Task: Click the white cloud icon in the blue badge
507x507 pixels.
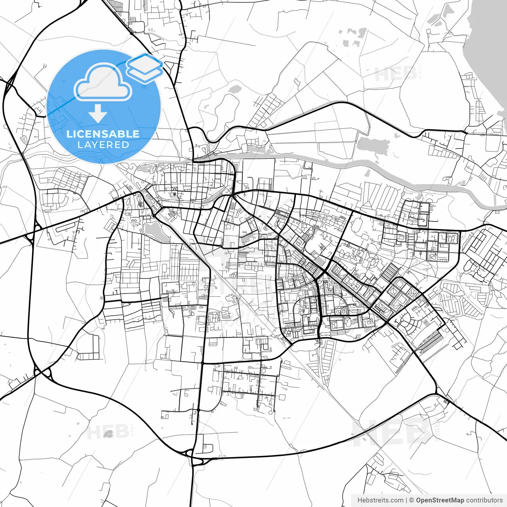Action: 103,82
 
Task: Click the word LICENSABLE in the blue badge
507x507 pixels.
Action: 103,134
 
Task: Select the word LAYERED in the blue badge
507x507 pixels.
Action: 103,145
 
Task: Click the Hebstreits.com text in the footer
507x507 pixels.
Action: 380,500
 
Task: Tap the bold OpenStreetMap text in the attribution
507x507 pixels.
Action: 440,500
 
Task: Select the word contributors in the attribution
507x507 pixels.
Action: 484,500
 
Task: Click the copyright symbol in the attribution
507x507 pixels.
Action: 412,500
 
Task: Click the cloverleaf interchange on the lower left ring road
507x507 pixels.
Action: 43,372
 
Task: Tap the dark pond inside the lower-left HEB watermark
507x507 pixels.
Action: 108,434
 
